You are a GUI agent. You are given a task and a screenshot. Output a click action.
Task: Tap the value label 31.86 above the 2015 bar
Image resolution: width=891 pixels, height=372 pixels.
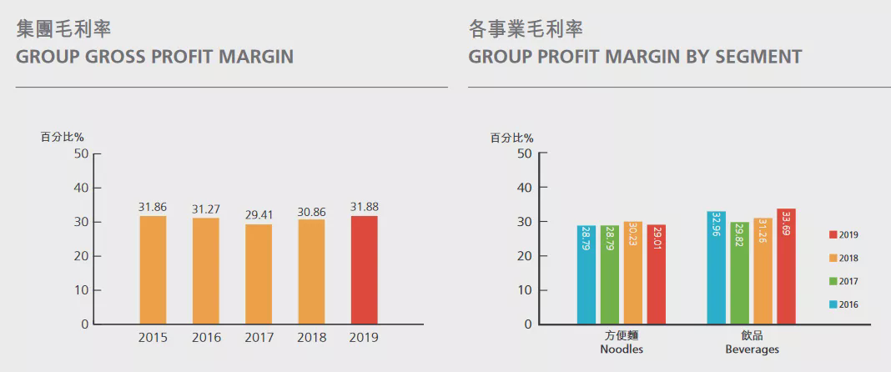(x=153, y=207)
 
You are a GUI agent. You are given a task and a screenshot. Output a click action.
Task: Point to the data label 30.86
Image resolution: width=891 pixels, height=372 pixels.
(x=311, y=213)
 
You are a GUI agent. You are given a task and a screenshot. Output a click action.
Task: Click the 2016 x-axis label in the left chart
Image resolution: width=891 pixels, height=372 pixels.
(x=206, y=338)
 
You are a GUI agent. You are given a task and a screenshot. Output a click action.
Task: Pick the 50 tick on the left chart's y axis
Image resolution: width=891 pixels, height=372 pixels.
(x=80, y=153)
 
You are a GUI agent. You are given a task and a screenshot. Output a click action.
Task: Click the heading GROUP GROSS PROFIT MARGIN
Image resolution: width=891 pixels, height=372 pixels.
(x=154, y=57)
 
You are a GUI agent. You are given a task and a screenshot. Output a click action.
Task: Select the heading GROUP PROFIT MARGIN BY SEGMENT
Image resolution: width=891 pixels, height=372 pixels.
(x=635, y=57)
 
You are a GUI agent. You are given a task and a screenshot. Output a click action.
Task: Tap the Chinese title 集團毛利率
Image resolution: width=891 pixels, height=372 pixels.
(x=63, y=29)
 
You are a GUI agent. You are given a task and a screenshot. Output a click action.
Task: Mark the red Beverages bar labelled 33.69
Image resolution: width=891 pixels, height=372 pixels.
(x=786, y=266)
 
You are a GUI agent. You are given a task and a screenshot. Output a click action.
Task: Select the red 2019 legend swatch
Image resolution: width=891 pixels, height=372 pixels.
(x=833, y=235)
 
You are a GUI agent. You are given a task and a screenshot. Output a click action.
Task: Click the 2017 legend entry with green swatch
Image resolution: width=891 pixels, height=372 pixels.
(x=843, y=282)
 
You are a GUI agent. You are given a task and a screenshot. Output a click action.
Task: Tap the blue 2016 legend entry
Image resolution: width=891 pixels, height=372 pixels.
(x=843, y=305)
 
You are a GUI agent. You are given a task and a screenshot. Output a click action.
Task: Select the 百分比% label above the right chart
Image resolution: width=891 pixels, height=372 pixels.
(x=511, y=138)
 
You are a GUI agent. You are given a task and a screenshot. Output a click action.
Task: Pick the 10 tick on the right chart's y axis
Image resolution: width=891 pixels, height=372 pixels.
(x=524, y=290)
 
